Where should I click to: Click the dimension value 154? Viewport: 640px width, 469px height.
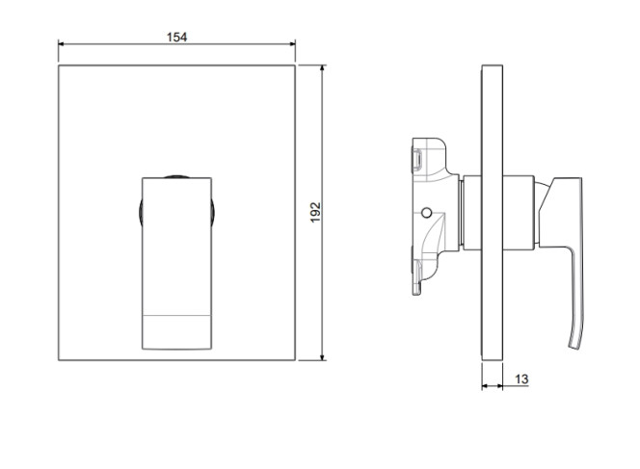pyautogui.click(x=176, y=38)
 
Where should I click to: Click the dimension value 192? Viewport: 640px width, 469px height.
pyautogui.click(x=315, y=213)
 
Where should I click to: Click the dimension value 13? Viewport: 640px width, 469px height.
pyautogui.click(x=521, y=379)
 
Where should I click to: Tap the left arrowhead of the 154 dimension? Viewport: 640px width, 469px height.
pyautogui.click(x=62, y=43)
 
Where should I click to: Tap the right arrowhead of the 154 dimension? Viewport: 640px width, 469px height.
pyautogui.click(x=292, y=43)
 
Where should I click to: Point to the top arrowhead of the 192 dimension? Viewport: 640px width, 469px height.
pyautogui.click(x=323, y=68)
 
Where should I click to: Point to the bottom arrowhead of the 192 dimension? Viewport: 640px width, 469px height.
pyautogui.click(x=323, y=357)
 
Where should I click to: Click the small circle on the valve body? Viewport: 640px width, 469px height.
pyautogui.click(x=427, y=213)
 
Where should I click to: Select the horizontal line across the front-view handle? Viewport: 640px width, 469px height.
pyautogui.click(x=176, y=315)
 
